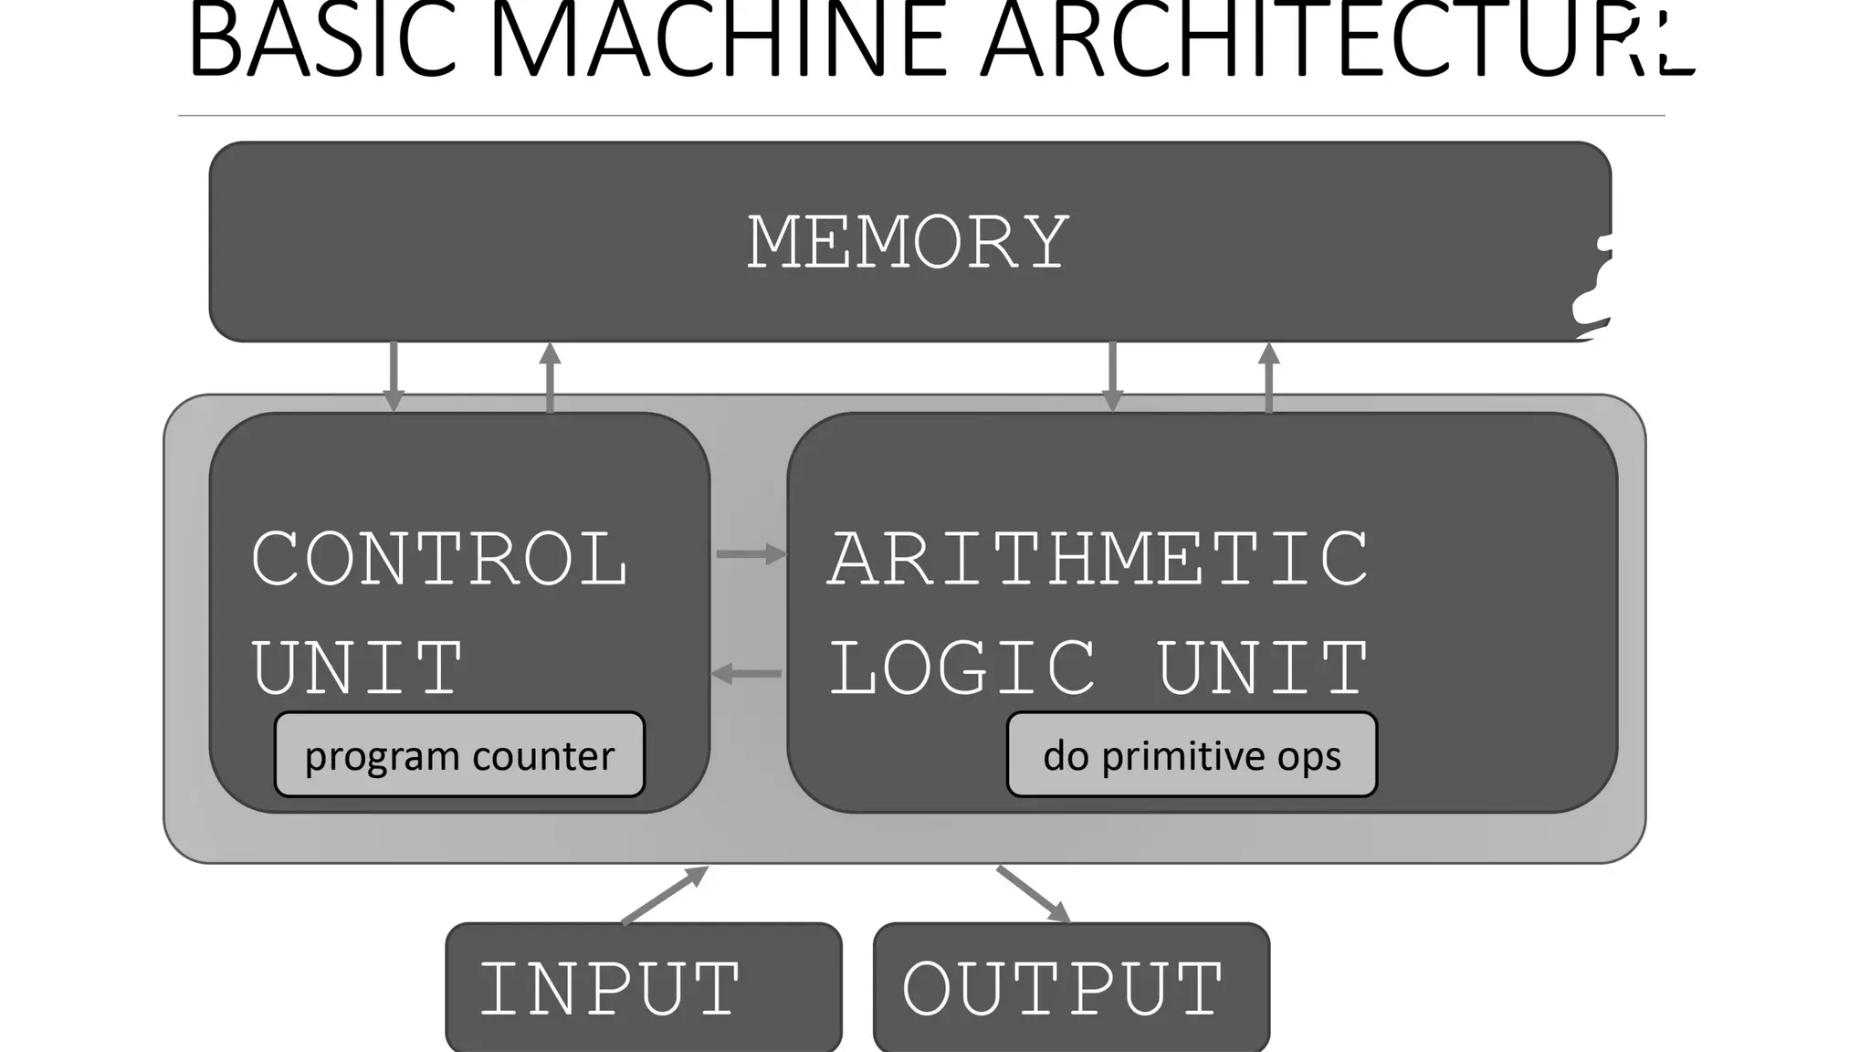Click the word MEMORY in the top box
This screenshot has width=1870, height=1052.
click(x=908, y=242)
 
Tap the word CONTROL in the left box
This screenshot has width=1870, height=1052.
click(x=439, y=559)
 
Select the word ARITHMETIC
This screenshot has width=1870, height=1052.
click(x=1098, y=559)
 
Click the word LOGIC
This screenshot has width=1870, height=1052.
click(x=962, y=668)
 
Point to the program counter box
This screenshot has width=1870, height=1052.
click(x=459, y=755)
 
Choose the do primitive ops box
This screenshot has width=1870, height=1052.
click(x=1192, y=755)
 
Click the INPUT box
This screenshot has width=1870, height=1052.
click(x=643, y=987)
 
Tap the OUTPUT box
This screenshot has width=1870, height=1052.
click(x=1071, y=987)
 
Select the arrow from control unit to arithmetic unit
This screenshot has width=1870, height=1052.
click(x=750, y=553)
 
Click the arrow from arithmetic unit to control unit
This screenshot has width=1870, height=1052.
click(x=746, y=674)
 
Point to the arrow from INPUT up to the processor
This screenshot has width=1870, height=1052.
click(x=665, y=895)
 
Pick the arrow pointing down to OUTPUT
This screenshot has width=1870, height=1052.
click(x=1034, y=895)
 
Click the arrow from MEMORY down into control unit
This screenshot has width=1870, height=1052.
click(x=394, y=376)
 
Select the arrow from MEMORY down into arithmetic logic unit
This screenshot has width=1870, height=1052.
click(x=1112, y=376)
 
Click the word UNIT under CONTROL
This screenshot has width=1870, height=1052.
click(x=357, y=668)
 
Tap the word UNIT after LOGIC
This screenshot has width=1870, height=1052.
click(x=1263, y=668)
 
